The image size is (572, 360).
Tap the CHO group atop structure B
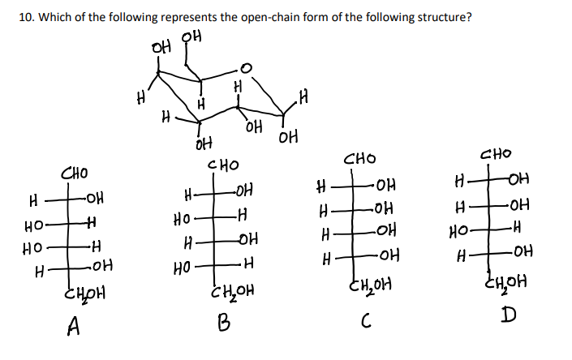pyautogui.click(x=224, y=166)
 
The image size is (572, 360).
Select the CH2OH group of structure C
pyautogui.click(x=369, y=283)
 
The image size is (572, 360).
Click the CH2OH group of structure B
pyautogui.click(x=233, y=290)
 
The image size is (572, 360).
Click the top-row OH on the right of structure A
pyautogui.click(x=94, y=198)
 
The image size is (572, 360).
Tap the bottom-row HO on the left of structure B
pyautogui.click(x=184, y=264)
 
